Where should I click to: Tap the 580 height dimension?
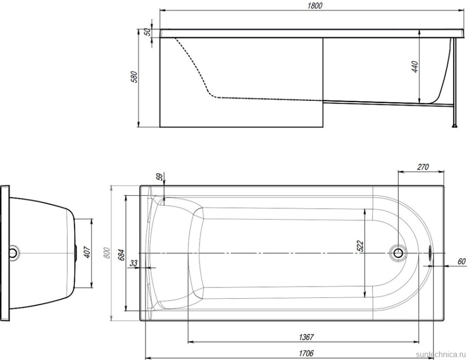coord(135,77)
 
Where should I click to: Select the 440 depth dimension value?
coord(415,67)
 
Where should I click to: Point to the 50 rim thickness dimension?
coord(147,32)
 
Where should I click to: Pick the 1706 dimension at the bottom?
coord(306,353)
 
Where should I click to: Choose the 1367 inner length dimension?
coord(306,337)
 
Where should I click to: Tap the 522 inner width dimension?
coord(360,246)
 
